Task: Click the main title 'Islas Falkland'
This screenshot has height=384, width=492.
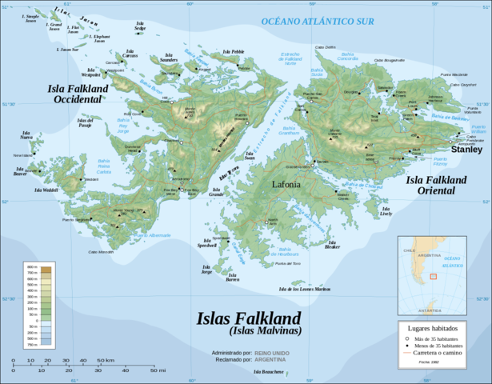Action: pyautogui.click(x=254, y=318)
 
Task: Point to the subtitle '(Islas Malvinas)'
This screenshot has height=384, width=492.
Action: pyautogui.click(x=254, y=331)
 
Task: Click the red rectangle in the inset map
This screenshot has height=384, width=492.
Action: pyautogui.click(x=433, y=276)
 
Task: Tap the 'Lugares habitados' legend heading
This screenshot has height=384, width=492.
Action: pyautogui.click(x=442, y=329)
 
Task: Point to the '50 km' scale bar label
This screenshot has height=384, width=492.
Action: pyautogui.click(x=106, y=361)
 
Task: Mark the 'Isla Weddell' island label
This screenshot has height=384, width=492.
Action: pyautogui.click(x=46, y=191)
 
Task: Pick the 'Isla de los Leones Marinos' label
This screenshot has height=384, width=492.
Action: pyautogui.click(x=304, y=288)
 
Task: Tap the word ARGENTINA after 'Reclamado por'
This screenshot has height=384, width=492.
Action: pyautogui.click(x=271, y=359)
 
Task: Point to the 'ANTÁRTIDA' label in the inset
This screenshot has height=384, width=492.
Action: pyautogui.click(x=429, y=310)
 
